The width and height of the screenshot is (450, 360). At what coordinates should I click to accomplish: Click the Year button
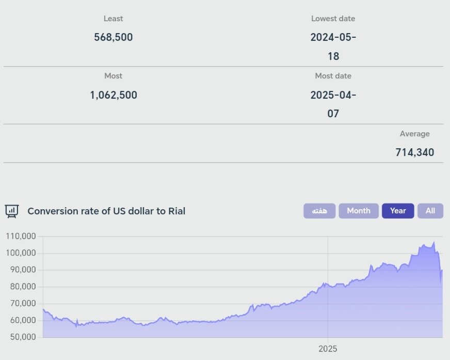click(x=398, y=211)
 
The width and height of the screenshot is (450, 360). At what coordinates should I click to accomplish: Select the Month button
click(x=359, y=211)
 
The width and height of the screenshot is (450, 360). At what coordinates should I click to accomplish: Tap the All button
click(x=430, y=211)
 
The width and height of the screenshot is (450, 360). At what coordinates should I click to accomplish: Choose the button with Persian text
click(x=319, y=211)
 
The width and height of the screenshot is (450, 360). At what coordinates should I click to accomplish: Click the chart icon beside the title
click(x=12, y=211)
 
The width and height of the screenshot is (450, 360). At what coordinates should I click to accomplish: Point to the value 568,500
click(x=114, y=37)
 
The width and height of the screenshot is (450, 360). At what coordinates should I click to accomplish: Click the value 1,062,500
click(x=114, y=95)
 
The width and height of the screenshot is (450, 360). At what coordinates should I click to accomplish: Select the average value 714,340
click(x=414, y=152)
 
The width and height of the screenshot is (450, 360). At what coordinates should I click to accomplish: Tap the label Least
click(x=114, y=19)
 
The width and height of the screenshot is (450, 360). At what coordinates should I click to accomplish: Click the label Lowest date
click(x=333, y=19)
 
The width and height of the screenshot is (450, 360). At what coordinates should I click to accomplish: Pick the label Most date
click(x=333, y=76)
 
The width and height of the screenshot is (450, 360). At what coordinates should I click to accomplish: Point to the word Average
click(x=414, y=134)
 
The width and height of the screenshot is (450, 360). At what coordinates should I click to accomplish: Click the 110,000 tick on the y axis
click(x=21, y=237)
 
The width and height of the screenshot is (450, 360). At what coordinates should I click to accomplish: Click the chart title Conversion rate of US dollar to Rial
click(x=106, y=211)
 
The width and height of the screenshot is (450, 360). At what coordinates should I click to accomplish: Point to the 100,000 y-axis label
click(x=21, y=253)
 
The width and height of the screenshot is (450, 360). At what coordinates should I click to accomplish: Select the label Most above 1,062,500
click(x=114, y=76)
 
